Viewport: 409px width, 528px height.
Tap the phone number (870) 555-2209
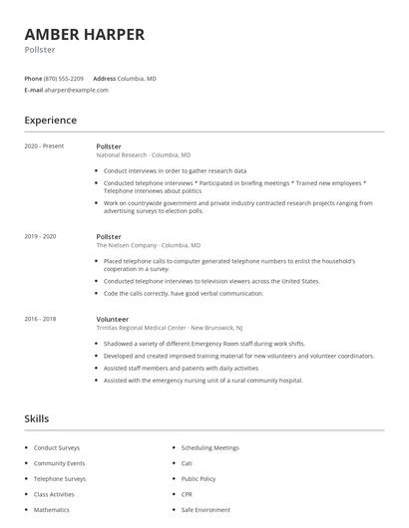[65, 78]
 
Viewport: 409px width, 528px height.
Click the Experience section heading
[50, 121]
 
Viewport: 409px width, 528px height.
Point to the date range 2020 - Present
[44, 146]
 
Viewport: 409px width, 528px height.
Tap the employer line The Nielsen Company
[148, 244]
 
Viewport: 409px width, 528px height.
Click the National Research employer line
[143, 155]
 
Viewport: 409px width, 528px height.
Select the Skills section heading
[36, 418]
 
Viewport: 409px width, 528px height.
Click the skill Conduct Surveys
[56, 448]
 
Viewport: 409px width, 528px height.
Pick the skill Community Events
[59, 463]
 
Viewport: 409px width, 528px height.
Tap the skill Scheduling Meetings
[210, 448]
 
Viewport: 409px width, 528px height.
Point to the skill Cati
[187, 463]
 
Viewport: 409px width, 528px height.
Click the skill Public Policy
[199, 478]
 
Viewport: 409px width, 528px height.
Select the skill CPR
[187, 494]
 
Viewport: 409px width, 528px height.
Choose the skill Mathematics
[52, 509]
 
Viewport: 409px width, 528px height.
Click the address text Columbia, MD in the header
[137, 78]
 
